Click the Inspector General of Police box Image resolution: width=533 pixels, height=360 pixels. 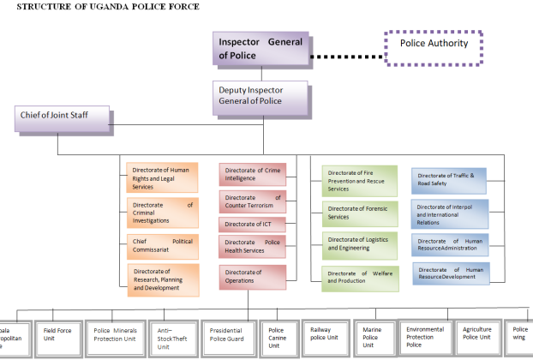point(261,50)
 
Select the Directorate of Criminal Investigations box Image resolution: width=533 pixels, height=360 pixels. point(162,211)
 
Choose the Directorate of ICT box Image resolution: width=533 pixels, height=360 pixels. point(253,225)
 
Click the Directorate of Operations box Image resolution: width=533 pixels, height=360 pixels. point(253,276)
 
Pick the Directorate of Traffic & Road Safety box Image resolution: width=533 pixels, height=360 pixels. point(449,179)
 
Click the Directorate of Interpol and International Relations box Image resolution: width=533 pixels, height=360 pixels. point(449,211)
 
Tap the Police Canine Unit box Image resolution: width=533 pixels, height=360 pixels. point(278,334)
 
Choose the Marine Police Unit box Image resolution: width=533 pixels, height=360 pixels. point(373,334)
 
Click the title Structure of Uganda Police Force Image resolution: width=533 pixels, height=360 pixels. point(107,7)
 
